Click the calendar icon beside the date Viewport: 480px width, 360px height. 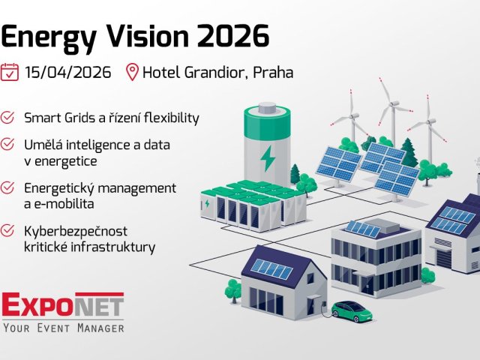point(10,72)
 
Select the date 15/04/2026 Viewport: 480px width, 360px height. point(67,73)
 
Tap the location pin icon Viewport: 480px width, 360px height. point(132,73)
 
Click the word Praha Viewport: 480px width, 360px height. point(273,73)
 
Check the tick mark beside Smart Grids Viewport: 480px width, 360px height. point(8,118)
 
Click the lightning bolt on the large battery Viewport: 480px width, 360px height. point(266,157)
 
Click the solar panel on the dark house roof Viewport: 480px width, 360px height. point(271,268)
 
